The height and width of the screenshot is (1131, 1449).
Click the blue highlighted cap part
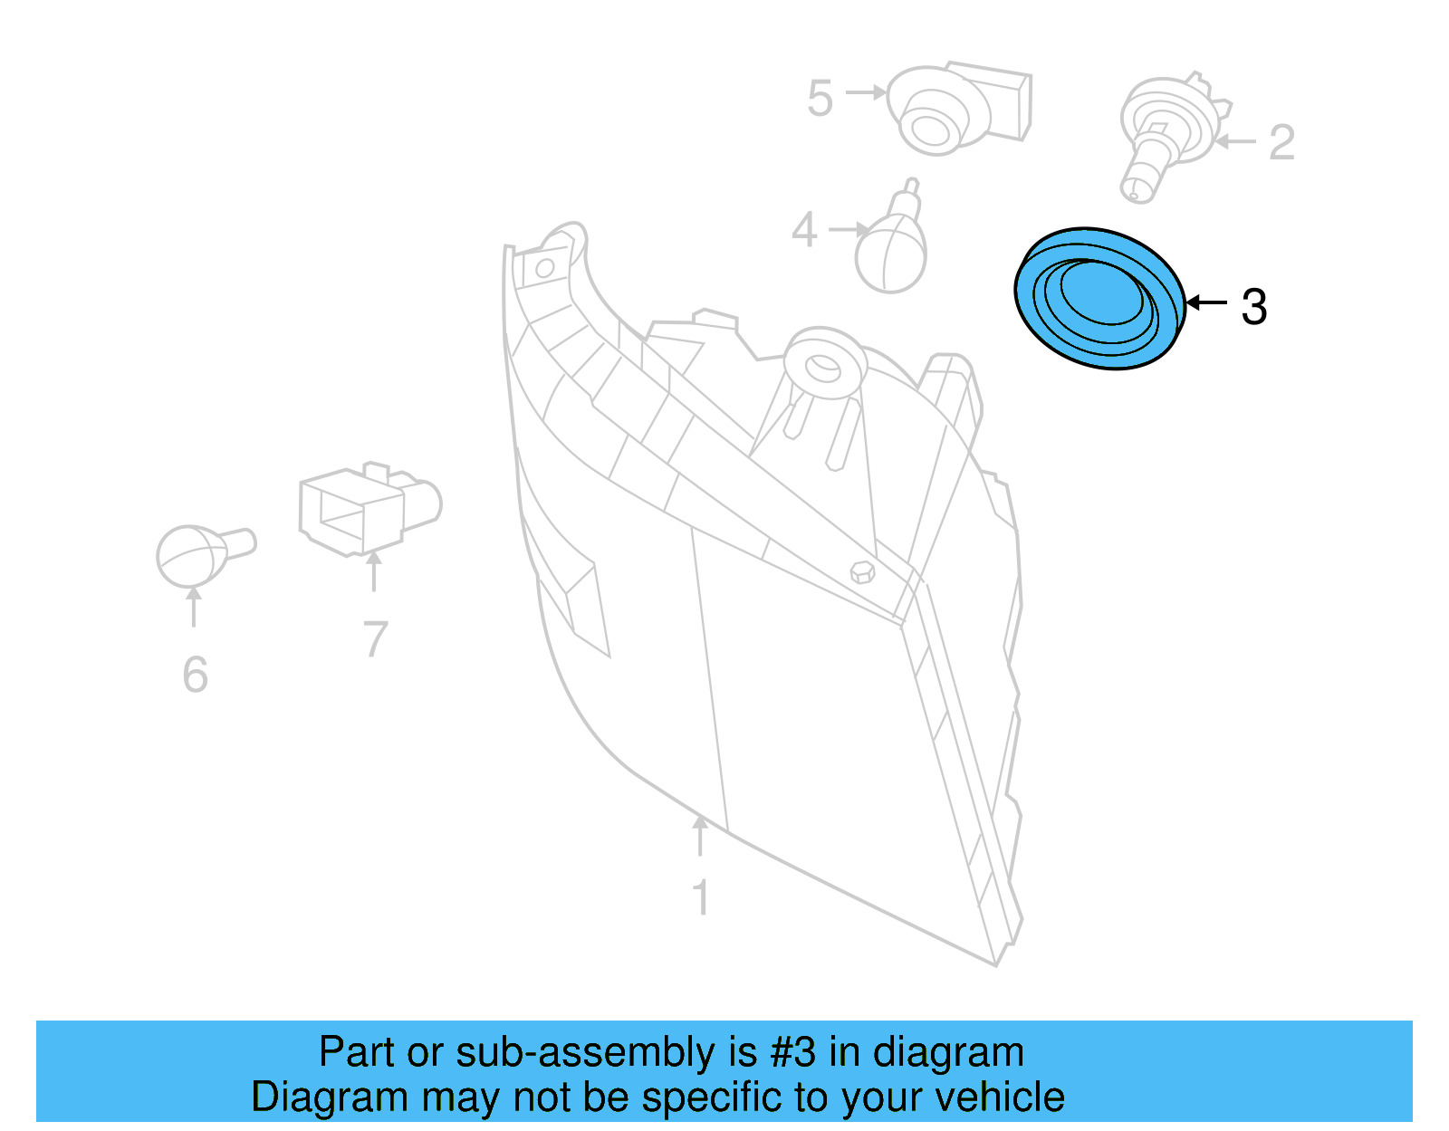(x=1099, y=299)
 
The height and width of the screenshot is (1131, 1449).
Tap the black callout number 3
(x=1253, y=307)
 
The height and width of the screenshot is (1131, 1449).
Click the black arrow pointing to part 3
(x=1207, y=302)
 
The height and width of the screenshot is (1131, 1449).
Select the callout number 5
(x=820, y=99)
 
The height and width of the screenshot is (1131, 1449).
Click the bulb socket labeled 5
(x=955, y=107)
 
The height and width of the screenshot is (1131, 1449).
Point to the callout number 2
(x=1281, y=143)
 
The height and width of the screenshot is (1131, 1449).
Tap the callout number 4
(x=804, y=230)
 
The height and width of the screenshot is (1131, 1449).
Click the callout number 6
(x=195, y=676)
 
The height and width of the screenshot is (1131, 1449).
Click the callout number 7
(x=375, y=639)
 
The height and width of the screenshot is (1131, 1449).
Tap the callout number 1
(x=700, y=898)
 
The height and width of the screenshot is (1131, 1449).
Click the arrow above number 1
(x=700, y=835)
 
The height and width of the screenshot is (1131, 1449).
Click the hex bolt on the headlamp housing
(x=863, y=572)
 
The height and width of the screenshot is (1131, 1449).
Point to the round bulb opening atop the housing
(x=824, y=366)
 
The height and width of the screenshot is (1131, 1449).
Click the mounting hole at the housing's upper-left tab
(x=545, y=268)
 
